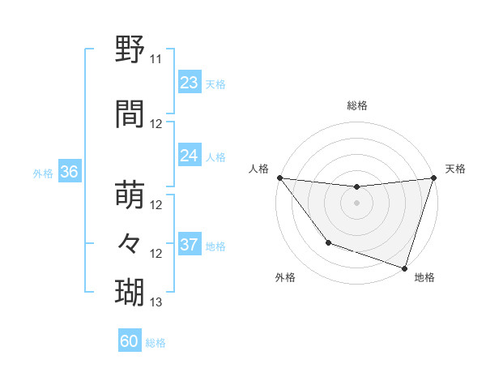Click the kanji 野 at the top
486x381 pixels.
[130, 49]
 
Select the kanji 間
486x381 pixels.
[130, 114]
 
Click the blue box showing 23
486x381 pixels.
[190, 83]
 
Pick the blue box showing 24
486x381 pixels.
[190, 156]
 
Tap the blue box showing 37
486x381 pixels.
[190, 245]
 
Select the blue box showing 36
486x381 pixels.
[69, 172]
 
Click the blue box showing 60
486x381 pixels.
[130, 341]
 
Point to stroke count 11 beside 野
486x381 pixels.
[156, 59]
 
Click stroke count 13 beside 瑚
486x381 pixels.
[156, 302]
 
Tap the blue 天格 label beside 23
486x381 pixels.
[215, 83]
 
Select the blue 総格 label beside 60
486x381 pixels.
[156, 343]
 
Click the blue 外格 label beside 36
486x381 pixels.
[43, 173]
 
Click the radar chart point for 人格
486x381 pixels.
[279, 178]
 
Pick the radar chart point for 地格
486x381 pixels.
[404, 268]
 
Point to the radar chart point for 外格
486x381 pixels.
[328, 242]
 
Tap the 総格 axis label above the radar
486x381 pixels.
[356, 105]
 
